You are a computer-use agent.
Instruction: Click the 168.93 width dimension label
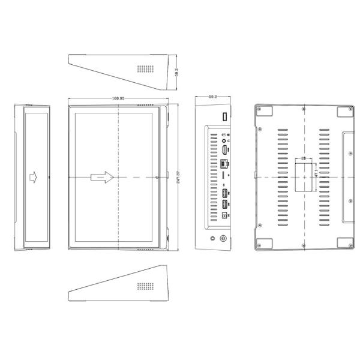[118, 97]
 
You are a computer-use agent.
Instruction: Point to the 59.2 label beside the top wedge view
[176, 71]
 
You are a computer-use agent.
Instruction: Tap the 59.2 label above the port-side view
[212, 96]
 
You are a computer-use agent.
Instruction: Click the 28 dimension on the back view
[304, 158]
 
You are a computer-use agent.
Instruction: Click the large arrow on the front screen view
[101, 177]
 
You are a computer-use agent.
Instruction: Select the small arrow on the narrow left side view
[34, 177]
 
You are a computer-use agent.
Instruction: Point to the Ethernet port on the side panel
[224, 163]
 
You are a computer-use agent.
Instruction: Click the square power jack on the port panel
[224, 214]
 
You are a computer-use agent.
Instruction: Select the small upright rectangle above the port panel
[226, 115]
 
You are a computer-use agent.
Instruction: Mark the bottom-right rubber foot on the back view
[344, 242]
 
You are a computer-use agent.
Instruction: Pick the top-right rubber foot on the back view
[344, 112]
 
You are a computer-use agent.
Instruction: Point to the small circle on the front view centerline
[157, 177]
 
